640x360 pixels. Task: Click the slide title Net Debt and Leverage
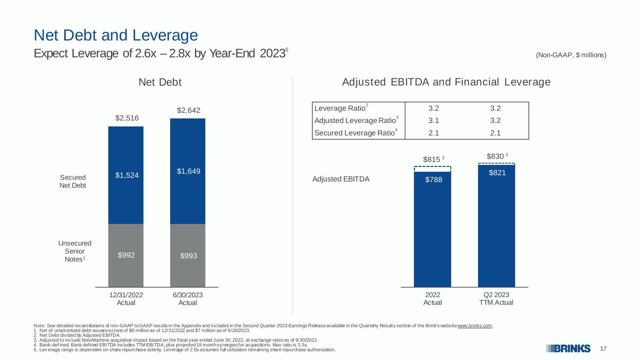click(x=116, y=36)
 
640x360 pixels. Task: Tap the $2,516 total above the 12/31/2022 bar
click(x=127, y=118)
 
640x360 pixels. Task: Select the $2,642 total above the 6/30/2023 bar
click(x=188, y=110)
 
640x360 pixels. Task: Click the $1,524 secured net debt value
click(x=127, y=175)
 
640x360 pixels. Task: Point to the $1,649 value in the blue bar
click(x=188, y=171)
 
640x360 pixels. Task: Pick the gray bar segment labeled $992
click(x=126, y=255)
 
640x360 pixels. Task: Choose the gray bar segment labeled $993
click(x=188, y=255)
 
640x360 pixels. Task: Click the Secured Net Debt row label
click(x=73, y=181)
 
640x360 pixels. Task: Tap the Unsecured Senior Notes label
click(x=75, y=251)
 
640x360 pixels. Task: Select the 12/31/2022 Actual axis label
click(x=126, y=299)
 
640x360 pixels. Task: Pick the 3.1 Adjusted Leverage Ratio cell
click(x=433, y=120)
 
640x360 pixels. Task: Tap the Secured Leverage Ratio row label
click(x=356, y=133)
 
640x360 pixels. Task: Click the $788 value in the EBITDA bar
click(x=433, y=180)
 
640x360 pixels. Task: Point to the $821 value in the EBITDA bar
click(x=497, y=172)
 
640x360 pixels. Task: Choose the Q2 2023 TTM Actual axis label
click(x=496, y=299)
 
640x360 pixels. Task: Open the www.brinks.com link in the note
click(x=475, y=326)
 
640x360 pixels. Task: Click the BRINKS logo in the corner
click(x=568, y=349)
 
